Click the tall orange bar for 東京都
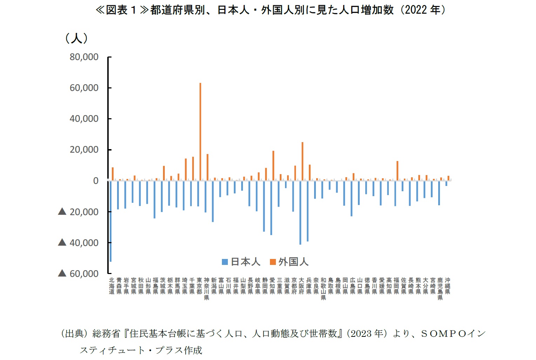click(x=200, y=132)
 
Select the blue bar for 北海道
click(x=110, y=221)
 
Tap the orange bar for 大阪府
click(x=302, y=161)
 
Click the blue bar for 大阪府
click(x=300, y=213)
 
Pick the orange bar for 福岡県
click(x=397, y=171)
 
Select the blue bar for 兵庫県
click(x=307, y=211)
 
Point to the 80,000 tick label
click(x=84, y=57)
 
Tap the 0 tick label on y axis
click(x=95, y=181)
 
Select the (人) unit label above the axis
click(x=76, y=38)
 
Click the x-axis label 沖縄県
click(x=447, y=286)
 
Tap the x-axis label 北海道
click(x=111, y=286)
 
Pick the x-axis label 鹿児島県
click(x=440, y=289)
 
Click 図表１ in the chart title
click(x=121, y=10)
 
